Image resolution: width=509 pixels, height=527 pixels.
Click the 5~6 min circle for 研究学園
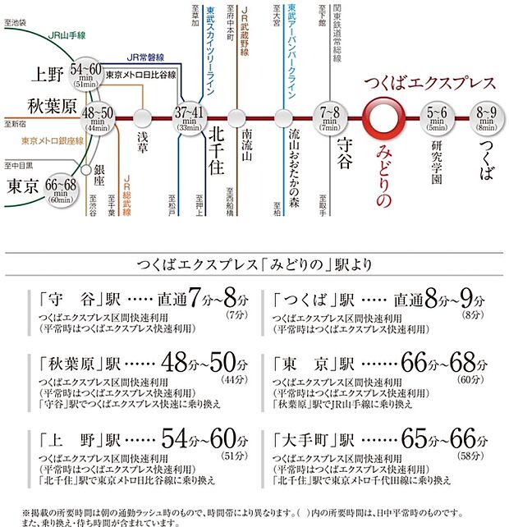click(x=437, y=118)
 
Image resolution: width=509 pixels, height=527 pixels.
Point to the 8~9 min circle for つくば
click(x=486, y=118)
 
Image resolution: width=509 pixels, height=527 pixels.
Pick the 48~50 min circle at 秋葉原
click(x=98, y=118)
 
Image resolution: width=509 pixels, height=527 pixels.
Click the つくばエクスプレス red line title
click(x=429, y=83)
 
